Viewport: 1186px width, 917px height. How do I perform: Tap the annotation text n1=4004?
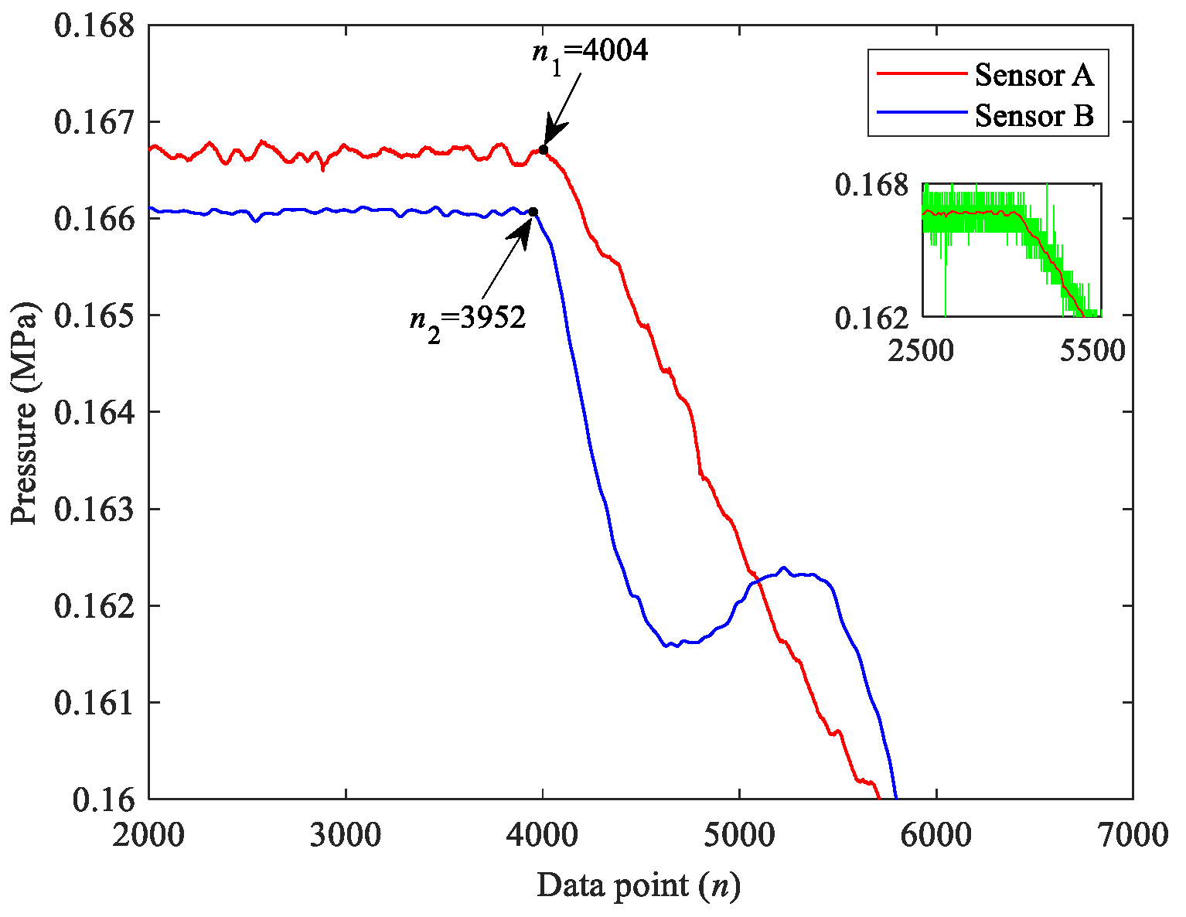(583, 52)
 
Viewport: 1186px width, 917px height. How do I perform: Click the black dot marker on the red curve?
(544, 149)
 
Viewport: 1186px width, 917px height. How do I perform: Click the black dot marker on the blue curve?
(533, 212)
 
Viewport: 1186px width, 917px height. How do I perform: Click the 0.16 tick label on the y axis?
(104, 799)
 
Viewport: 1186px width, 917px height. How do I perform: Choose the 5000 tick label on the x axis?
(739, 836)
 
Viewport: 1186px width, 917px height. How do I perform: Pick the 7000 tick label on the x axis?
(1132, 836)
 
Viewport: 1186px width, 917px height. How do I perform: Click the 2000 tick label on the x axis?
(149, 836)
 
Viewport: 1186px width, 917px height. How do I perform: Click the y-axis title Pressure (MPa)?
(24, 412)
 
